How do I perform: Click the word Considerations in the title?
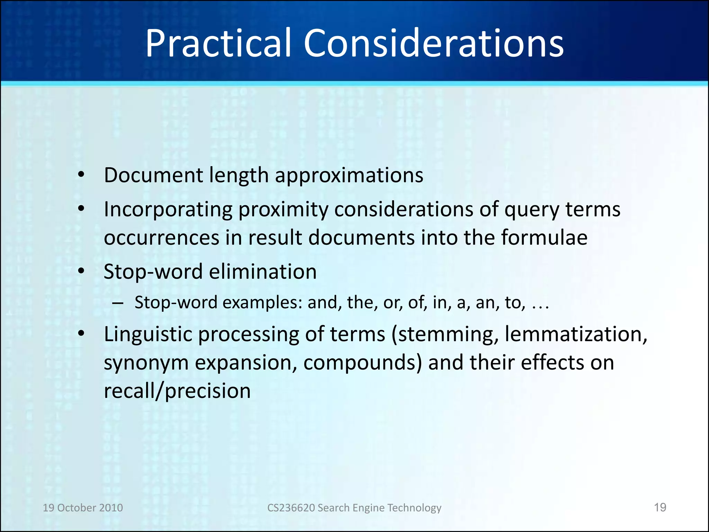click(433, 43)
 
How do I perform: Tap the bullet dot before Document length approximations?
click(81, 175)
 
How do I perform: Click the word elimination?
click(263, 272)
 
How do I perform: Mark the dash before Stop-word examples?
click(118, 303)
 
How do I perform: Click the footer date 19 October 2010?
click(83, 508)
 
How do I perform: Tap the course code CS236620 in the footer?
click(290, 508)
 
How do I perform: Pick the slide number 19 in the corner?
click(660, 507)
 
